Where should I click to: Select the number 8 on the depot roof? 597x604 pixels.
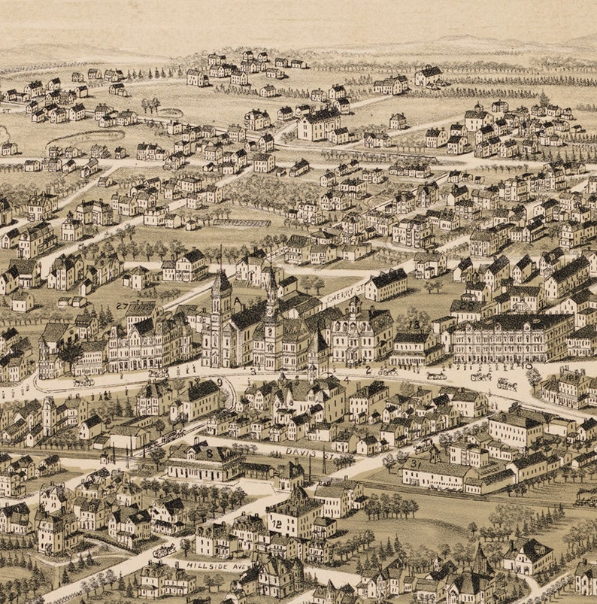click(x=209, y=454)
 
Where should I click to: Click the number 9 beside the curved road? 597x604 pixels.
click(x=220, y=382)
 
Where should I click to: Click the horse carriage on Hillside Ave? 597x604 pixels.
click(x=162, y=551)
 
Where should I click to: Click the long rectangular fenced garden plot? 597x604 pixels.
click(x=241, y=223)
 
